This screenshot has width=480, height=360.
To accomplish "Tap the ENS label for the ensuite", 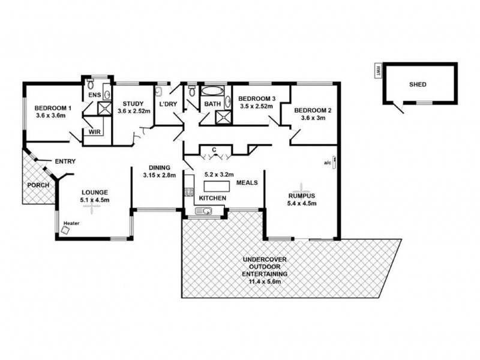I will click(x=94, y=95).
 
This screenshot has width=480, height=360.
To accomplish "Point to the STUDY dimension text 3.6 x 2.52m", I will click(x=133, y=111).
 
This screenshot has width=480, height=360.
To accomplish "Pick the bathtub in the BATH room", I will click(x=211, y=92).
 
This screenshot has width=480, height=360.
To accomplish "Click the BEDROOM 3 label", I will click(x=256, y=98).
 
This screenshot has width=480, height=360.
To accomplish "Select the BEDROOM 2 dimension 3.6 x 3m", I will click(x=313, y=118).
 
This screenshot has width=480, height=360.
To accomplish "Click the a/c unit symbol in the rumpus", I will click(x=334, y=162).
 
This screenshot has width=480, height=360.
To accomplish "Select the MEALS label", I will click(x=247, y=182).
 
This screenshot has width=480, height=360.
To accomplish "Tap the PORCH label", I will click(x=38, y=184).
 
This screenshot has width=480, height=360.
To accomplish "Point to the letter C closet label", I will click(x=214, y=149).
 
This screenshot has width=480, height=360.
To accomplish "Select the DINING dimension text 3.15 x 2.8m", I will click(x=158, y=175).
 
